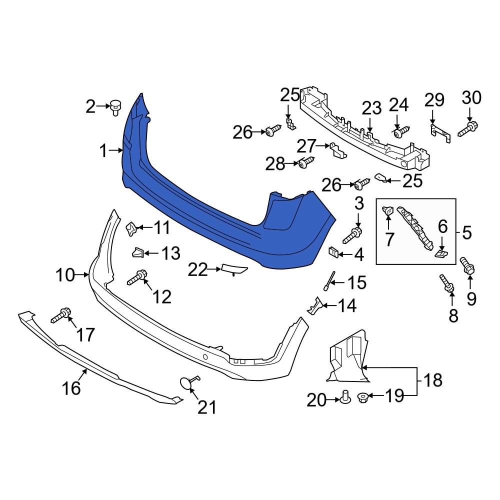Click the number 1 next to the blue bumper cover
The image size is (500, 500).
coord(103,150)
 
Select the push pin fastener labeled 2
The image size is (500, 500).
coord(116,107)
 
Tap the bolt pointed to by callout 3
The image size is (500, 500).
coord(353,233)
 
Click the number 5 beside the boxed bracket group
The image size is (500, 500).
coord(466,232)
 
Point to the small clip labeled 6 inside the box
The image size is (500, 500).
coord(440,254)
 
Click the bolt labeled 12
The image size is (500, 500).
coord(137,277)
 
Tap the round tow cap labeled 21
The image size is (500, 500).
coord(186,383)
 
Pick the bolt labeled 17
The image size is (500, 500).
coord(60,315)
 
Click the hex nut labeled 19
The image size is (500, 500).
coord(363,398)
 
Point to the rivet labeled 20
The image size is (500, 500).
coord(344,397)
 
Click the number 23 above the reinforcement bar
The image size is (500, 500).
coord(371,108)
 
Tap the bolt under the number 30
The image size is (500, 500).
coord(467,128)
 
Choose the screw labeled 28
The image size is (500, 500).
coord(305,162)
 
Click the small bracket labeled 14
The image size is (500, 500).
coord(315,306)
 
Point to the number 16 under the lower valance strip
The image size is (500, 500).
coord(71,388)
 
